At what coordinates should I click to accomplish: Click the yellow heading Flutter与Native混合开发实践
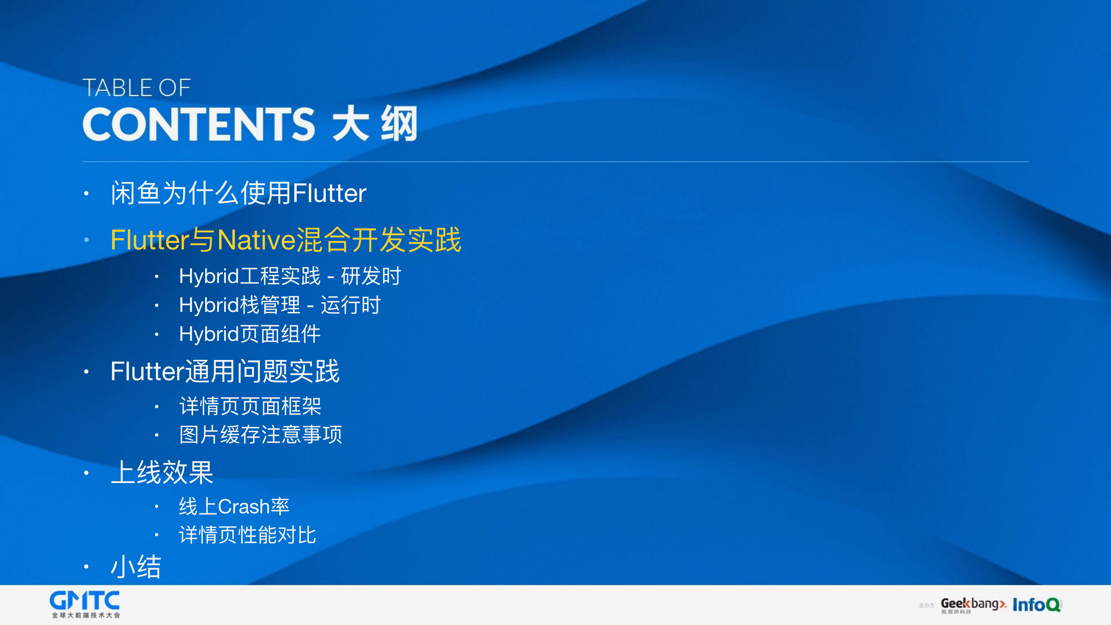click(286, 240)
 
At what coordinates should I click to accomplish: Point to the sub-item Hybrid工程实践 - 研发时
click(290, 276)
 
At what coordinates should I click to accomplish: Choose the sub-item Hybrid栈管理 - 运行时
click(280, 305)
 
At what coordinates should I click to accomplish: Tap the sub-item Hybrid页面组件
click(250, 334)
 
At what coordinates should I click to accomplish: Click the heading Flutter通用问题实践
click(225, 371)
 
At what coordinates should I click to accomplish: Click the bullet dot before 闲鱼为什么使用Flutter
click(86, 194)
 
